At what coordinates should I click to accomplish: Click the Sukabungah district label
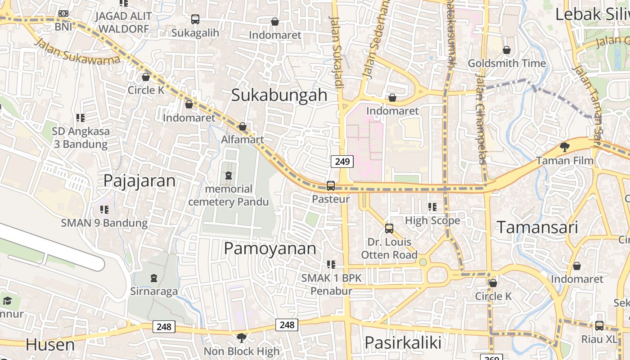[x=279, y=95]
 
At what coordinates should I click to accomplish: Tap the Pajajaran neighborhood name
[x=139, y=180]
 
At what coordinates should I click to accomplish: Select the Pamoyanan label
[x=270, y=248]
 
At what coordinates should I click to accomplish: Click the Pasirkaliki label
[x=403, y=342]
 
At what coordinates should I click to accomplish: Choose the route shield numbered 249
[x=342, y=162]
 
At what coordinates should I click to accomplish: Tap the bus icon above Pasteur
[x=331, y=185]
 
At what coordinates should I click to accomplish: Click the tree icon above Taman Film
[x=564, y=147]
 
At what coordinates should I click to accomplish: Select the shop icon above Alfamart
[x=243, y=126]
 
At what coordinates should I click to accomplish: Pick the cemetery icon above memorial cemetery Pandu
[x=228, y=175]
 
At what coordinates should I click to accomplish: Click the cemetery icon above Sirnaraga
[x=154, y=278]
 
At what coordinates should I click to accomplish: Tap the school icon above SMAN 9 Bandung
[x=104, y=209]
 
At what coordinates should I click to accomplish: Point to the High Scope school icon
[x=432, y=207]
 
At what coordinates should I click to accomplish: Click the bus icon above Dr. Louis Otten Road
[x=389, y=229]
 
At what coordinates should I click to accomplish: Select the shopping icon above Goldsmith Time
[x=507, y=49]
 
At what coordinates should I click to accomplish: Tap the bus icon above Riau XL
[x=599, y=326]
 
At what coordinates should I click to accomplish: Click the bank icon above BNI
[x=63, y=13]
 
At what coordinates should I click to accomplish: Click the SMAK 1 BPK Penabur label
[x=332, y=284]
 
